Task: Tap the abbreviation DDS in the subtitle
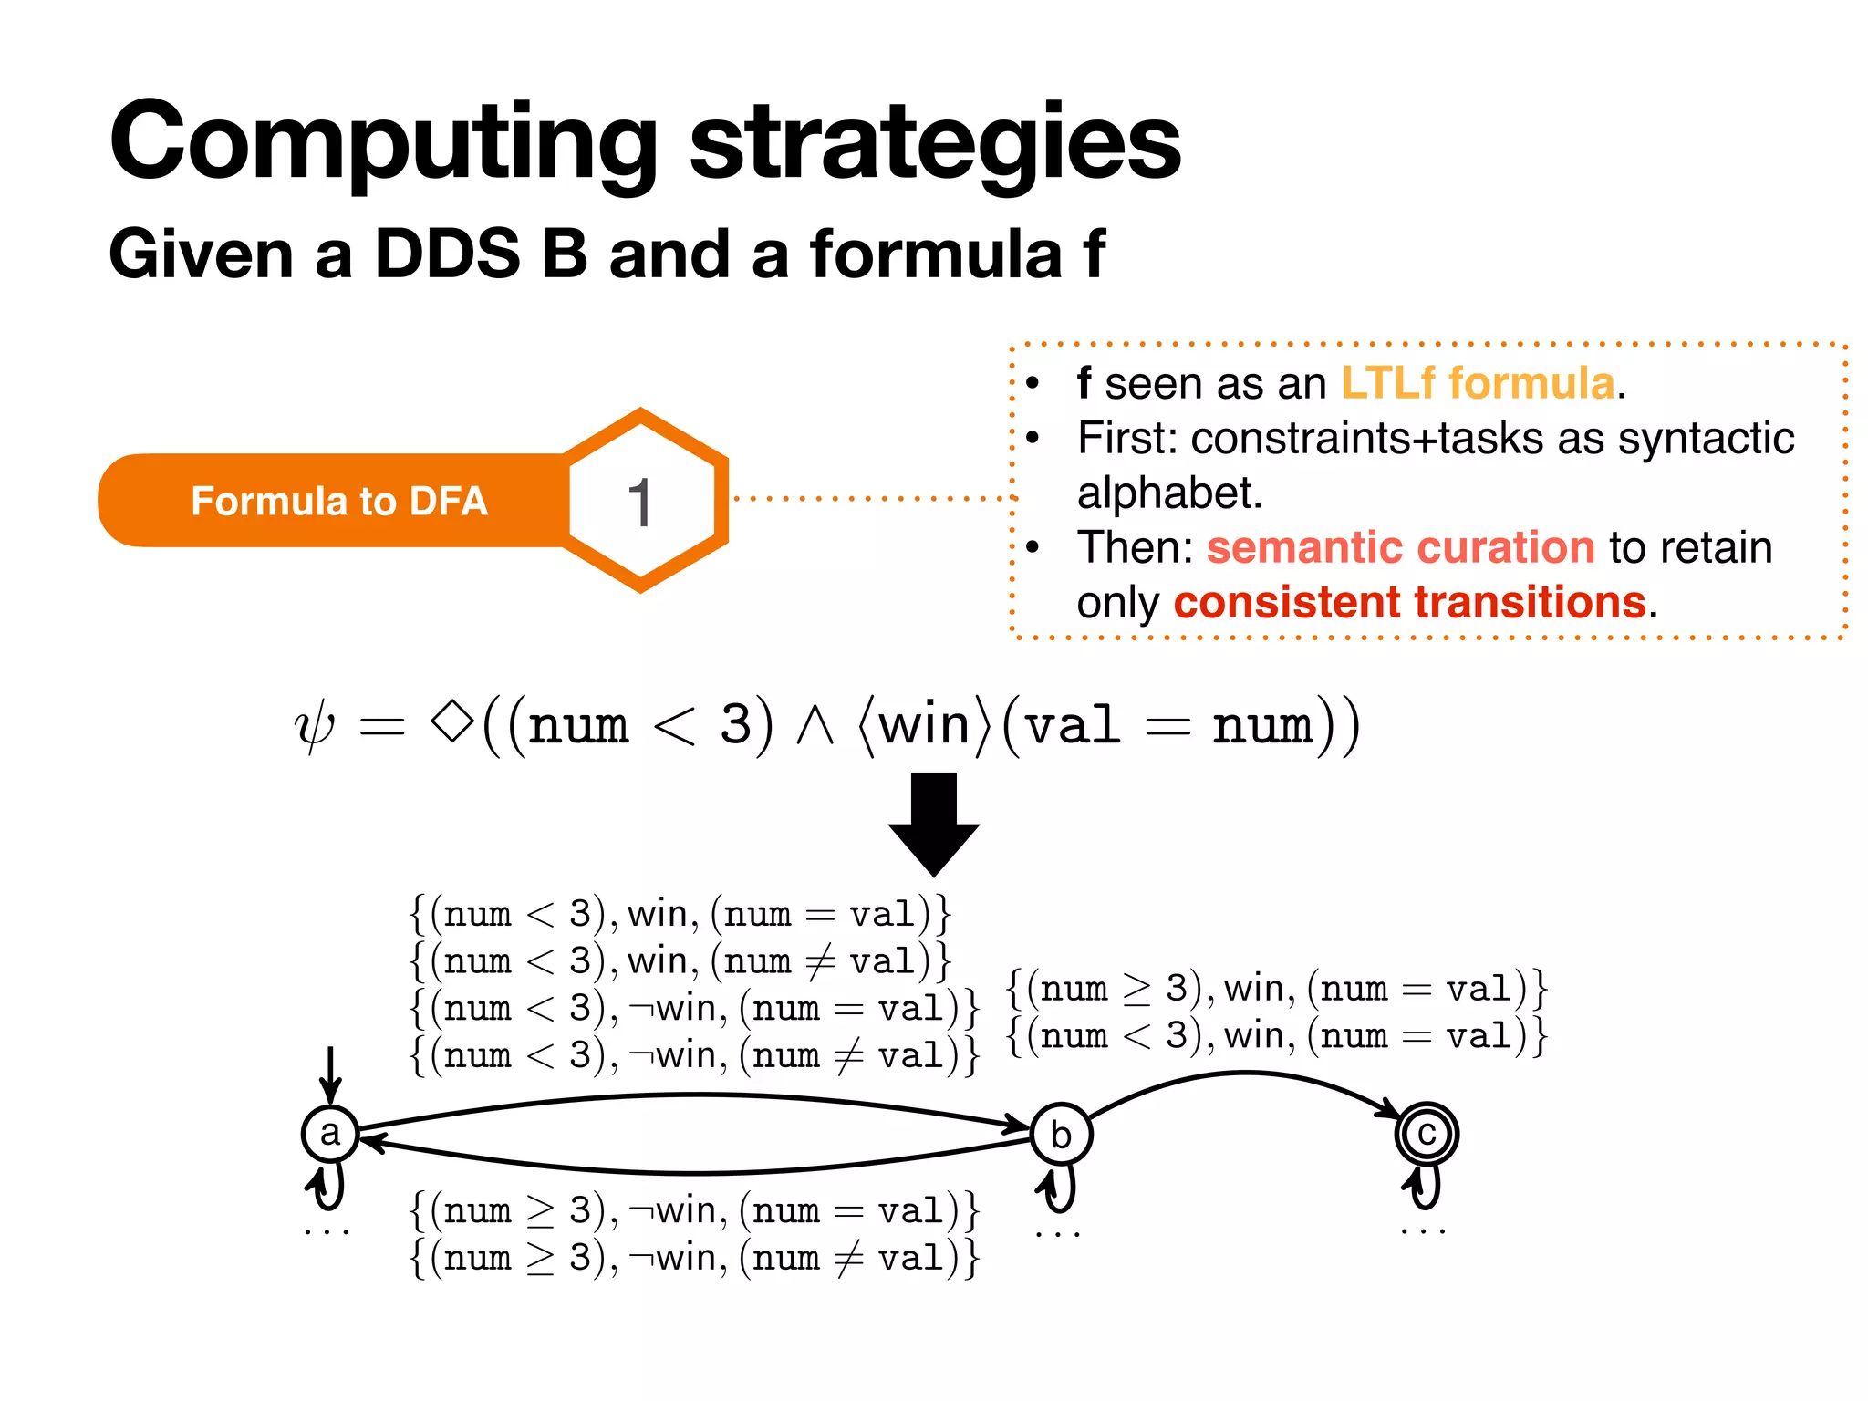[447, 254]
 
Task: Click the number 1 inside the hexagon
[640, 503]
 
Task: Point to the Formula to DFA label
[339, 502]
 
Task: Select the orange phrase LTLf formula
[1478, 383]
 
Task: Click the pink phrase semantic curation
[1400, 548]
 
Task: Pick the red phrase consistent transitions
[1410, 603]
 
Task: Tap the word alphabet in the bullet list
[1169, 493]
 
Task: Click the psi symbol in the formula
[315, 727]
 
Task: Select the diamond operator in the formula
[452, 722]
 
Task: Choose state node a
[330, 1134]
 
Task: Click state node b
[1061, 1135]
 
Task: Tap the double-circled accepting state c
[1427, 1135]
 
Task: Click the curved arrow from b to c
[1246, 1076]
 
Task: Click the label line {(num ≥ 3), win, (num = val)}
[1277, 990]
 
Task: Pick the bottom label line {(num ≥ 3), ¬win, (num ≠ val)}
[693, 1259]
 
